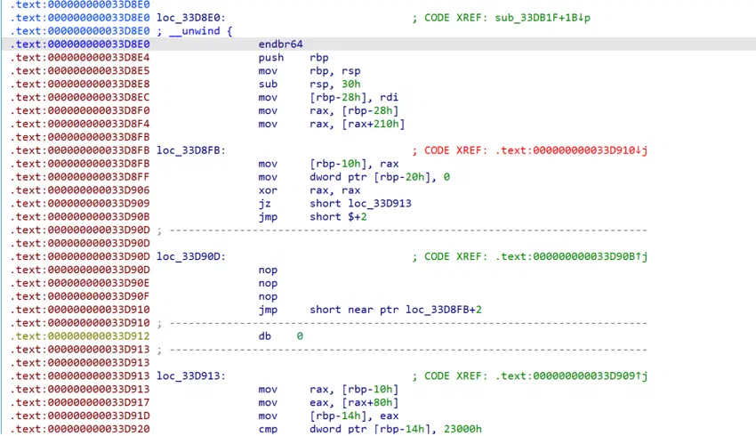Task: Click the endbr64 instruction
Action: [x=280, y=44]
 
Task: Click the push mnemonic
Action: [x=271, y=58]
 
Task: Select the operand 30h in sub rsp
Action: [x=351, y=84]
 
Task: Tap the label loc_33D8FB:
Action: [x=191, y=150]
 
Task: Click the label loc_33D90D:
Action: [x=191, y=256]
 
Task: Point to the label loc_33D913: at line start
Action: [x=191, y=376]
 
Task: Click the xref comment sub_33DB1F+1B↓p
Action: [x=543, y=18]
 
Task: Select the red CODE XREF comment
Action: [x=530, y=150]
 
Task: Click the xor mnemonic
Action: [x=268, y=190]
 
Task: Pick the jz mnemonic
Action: [x=265, y=204]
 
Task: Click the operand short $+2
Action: [x=338, y=217]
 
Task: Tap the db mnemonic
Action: [x=265, y=336]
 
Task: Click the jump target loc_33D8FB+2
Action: [x=444, y=310]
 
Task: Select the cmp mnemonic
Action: [x=268, y=429]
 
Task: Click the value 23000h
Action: [x=462, y=429]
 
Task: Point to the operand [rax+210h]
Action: [x=358, y=124]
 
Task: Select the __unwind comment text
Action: [x=195, y=31]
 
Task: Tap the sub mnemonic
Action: [x=268, y=84]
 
